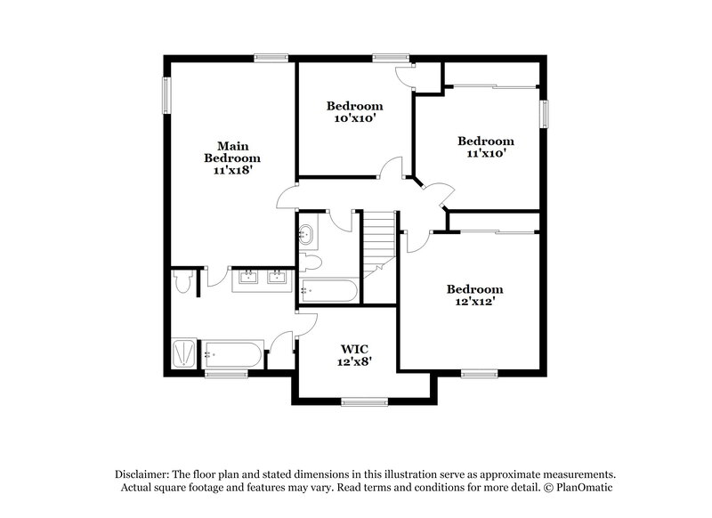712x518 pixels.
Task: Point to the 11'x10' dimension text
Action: (485, 154)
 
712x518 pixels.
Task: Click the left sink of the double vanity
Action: (247, 277)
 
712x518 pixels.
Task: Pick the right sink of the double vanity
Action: (277, 277)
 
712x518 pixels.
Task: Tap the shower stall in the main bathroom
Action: (185, 353)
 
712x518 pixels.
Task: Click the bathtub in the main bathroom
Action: (231, 354)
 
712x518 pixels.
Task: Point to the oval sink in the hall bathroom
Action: (307, 236)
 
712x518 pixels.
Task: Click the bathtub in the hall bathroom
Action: (328, 289)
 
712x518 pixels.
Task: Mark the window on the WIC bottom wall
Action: (365, 401)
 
